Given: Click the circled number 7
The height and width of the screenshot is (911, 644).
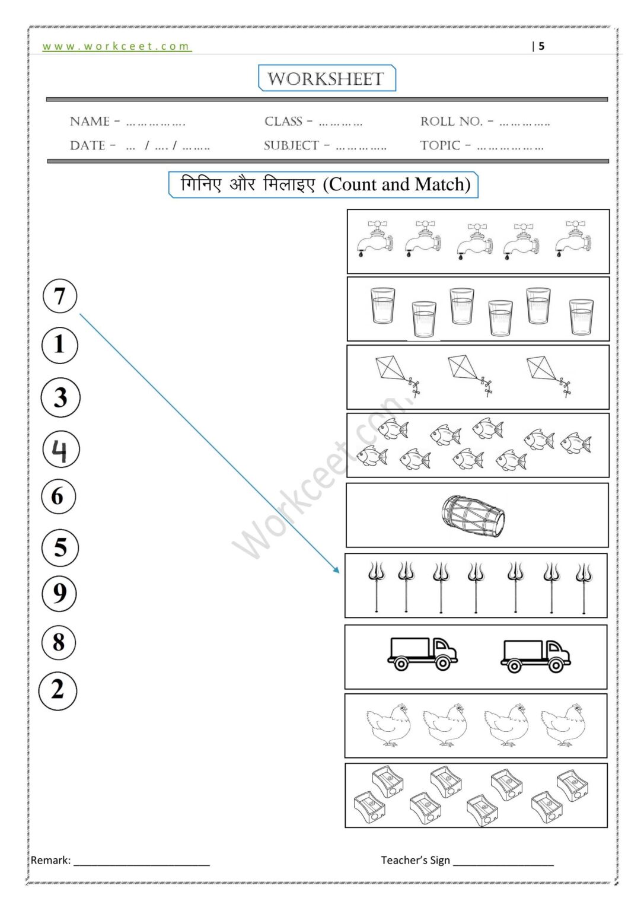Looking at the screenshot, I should [x=60, y=296].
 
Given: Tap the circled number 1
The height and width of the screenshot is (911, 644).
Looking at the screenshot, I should [x=60, y=345].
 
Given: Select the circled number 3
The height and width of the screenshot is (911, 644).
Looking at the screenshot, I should [x=60, y=397].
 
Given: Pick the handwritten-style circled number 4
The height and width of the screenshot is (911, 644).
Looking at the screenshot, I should [x=61, y=450].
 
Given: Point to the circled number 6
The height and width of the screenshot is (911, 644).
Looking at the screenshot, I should [x=59, y=496].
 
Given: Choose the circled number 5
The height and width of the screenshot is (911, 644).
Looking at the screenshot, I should [x=60, y=547].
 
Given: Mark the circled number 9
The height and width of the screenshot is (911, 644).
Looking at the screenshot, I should [x=59, y=593].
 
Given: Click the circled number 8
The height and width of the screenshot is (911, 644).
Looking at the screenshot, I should [x=59, y=642].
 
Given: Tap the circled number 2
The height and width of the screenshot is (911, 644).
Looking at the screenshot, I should [x=58, y=690].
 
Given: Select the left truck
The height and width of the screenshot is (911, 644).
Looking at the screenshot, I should [x=422, y=654].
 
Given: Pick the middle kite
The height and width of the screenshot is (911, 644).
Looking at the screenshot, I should [x=469, y=374].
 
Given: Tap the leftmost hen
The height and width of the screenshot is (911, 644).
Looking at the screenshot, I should [x=388, y=724].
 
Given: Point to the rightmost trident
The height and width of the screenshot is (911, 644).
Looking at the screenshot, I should [x=584, y=587].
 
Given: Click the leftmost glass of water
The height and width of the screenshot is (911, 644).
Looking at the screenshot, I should [x=382, y=305].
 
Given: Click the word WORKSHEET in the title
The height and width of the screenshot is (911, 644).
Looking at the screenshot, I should [x=326, y=79].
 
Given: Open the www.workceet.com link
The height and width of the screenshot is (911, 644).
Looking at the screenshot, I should [x=116, y=46].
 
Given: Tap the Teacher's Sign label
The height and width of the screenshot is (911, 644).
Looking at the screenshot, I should [x=415, y=860].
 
